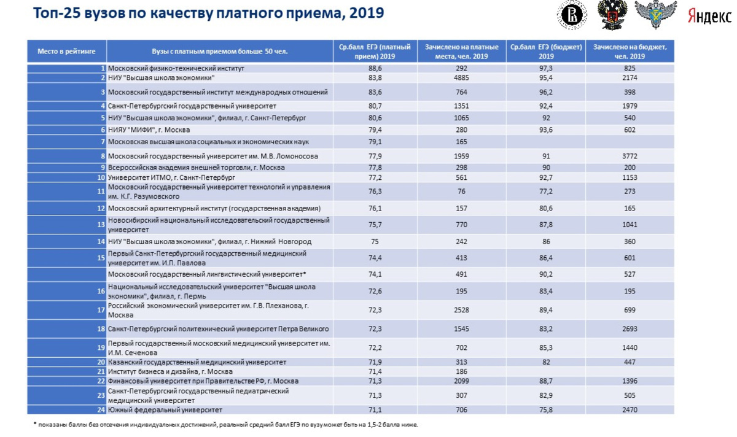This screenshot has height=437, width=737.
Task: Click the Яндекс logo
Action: pyautogui.click(x=709, y=16)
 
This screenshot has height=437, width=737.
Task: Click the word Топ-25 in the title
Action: pyautogui.click(x=57, y=13)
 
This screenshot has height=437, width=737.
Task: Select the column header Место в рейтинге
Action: pyautogui.click(x=66, y=52)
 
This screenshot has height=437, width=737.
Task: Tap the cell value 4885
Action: pyautogui.click(x=461, y=78)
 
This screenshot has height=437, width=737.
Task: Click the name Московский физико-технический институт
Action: pyautogui.click(x=176, y=68)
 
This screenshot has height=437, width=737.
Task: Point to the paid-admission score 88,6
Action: pyautogui.click(x=375, y=68)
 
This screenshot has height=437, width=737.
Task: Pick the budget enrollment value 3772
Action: pyautogui.click(x=630, y=157)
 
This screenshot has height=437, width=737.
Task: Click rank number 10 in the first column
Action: pyautogui.click(x=102, y=177)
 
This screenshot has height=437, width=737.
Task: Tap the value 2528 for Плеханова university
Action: pyautogui.click(x=461, y=311)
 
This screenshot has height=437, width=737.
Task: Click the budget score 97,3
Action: pyautogui.click(x=546, y=68)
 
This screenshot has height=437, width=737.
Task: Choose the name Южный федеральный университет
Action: pyautogui.click(x=165, y=409)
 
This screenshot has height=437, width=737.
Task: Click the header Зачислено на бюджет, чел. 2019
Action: pyautogui.click(x=630, y=52)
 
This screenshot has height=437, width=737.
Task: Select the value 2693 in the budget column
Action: pyautogui.click(x=630, y=330)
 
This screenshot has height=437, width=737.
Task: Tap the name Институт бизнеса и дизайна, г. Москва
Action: pyautogui.click(x=170, y=371)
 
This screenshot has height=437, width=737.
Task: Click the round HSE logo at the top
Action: pyautogui.click(x=572, y=15)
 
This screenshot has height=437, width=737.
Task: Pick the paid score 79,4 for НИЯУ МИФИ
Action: pyautogui.click(x=375, y=130)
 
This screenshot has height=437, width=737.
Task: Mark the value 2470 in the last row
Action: pyautogui.click(x=630, y=409)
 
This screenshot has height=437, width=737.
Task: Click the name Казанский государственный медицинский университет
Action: pyautogui.click(x=197, y=362)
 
